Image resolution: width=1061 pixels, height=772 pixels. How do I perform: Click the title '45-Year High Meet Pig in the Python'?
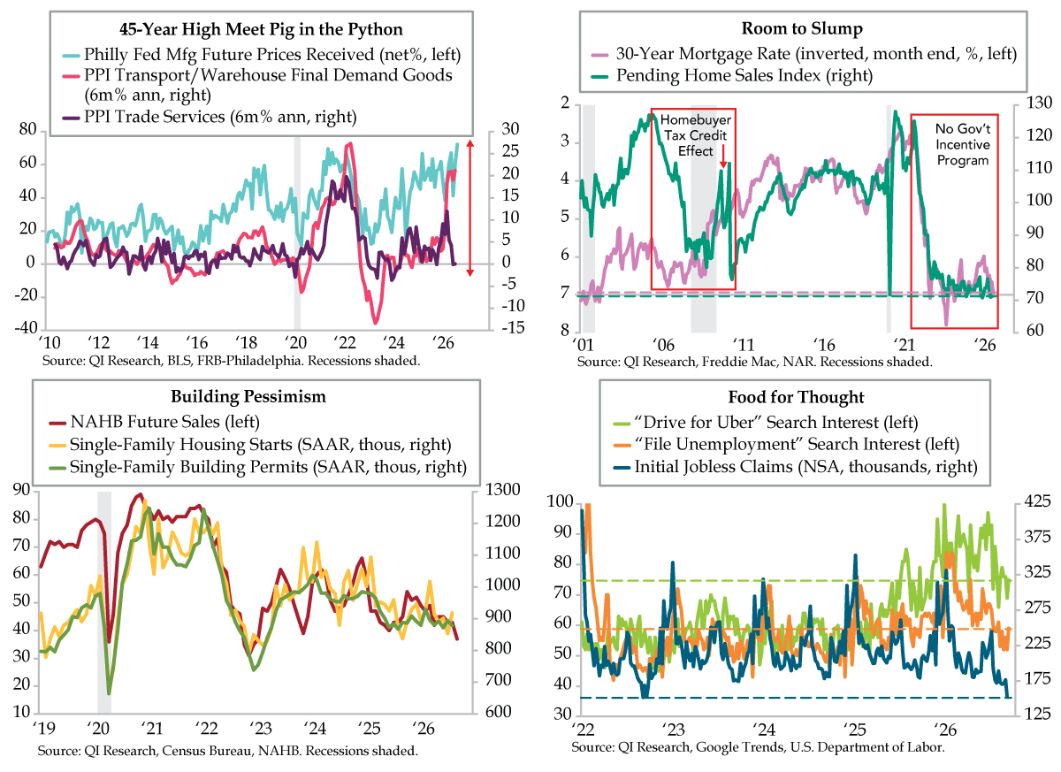pos(261,29)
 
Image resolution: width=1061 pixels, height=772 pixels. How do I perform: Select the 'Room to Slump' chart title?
pos(802,28)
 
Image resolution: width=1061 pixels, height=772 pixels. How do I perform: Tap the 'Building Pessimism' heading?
pos(248,396)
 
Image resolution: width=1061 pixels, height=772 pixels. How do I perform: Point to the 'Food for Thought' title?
pos(796,397)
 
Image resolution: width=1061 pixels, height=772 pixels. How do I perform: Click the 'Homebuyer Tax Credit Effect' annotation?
pos(695,135)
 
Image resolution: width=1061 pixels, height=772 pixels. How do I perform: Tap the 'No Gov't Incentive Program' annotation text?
pos(963,144)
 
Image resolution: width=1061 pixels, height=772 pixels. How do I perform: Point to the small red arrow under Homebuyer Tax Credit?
pos(723,157)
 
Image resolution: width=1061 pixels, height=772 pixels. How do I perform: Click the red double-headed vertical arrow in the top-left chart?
pos(469,208)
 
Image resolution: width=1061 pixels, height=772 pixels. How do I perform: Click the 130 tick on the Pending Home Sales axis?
pos(1039,103)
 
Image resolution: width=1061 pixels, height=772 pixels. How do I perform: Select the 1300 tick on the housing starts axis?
pos(502,489)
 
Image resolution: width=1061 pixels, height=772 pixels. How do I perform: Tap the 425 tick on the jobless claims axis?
pos(1037,501)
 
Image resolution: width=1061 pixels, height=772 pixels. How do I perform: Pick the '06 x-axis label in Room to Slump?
pos(662,345)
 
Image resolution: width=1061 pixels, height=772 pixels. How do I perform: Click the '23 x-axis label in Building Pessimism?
pos(261,728)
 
